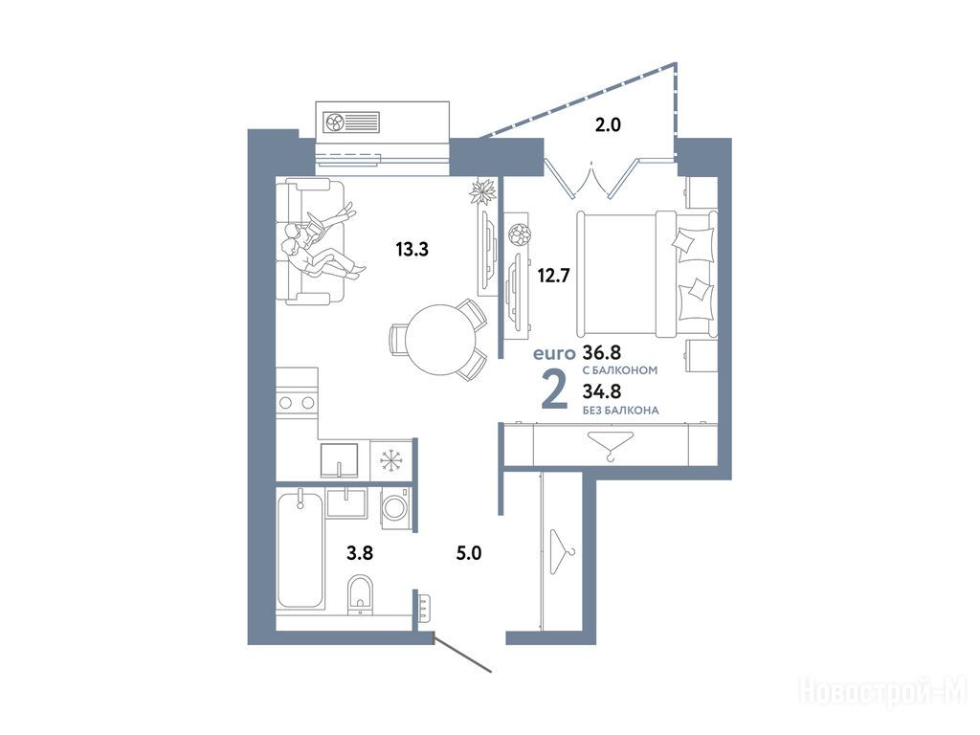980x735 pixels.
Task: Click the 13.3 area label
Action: (x=412, y=250)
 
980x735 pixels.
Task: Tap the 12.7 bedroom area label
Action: (x=554, y=275)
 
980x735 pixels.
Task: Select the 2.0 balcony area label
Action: (x=608, y=125)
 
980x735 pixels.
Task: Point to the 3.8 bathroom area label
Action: (x=360, y=552)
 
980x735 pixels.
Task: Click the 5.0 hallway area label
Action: (x=469, y=552)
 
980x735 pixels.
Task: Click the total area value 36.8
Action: (x=602, y=352)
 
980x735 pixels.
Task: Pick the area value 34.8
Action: (x=602, y=391)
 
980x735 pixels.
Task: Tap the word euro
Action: (x=554, y=354)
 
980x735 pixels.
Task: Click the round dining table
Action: (x=440, y=340)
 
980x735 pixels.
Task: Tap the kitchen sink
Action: (x=340, y=460)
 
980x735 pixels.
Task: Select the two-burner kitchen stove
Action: (x=297, y=403)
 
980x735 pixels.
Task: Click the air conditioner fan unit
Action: (x=351, y=122)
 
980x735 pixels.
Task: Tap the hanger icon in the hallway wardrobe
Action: (x=563, y=552)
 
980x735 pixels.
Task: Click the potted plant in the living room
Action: (x=483, y=190)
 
